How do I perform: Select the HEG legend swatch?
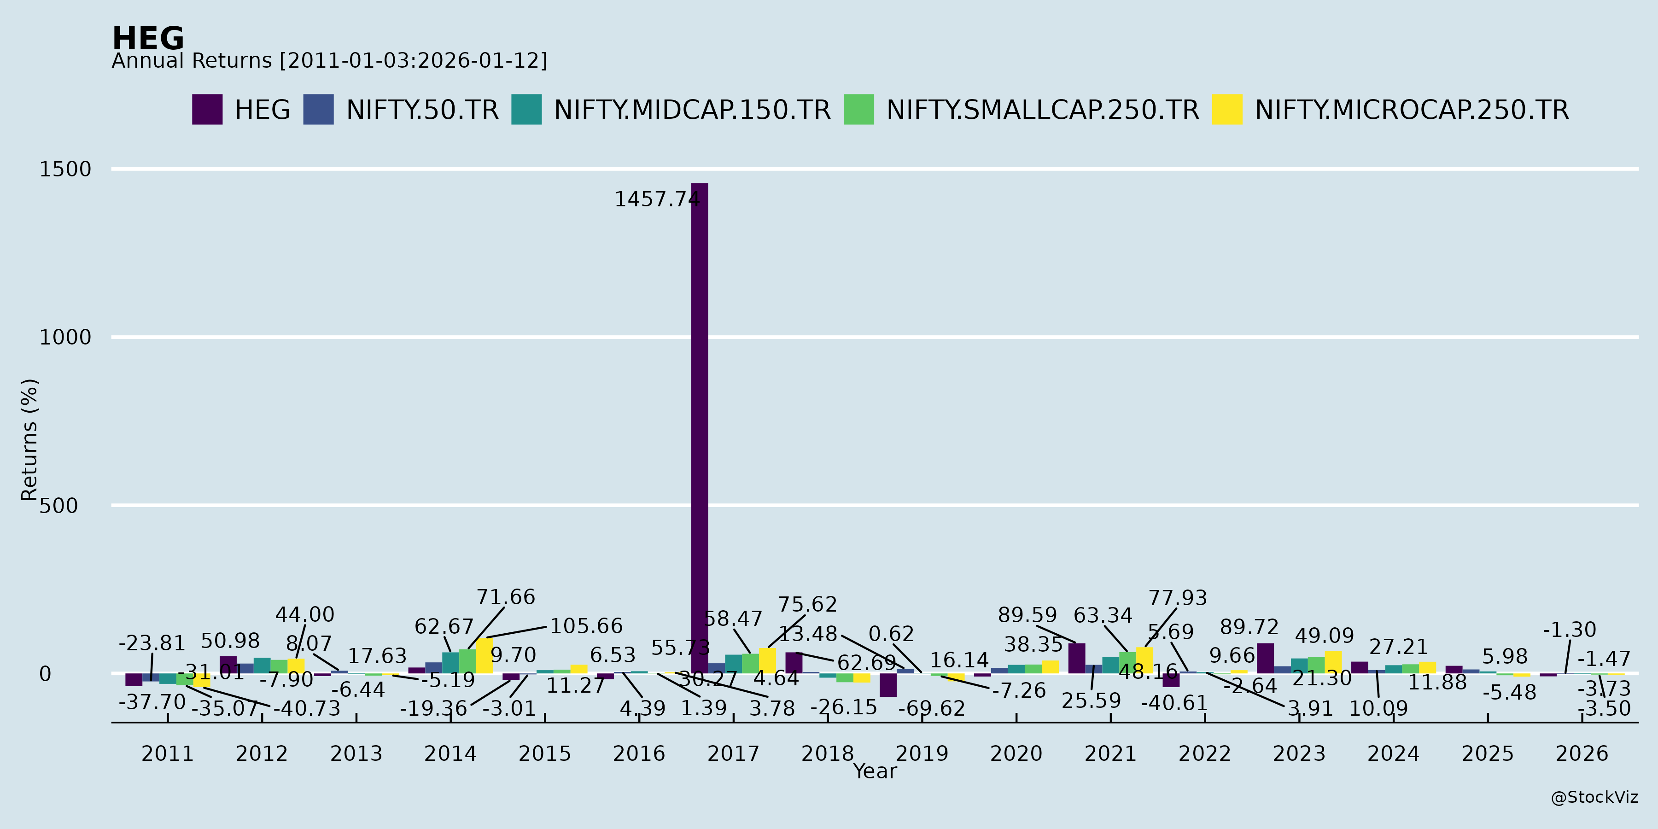coord(207,110)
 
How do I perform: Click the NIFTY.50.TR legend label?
coord(422,110)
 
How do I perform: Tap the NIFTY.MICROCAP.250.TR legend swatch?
coord(1227,110)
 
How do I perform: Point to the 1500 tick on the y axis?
coord(65,169)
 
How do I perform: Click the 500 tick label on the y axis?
coord(58,506)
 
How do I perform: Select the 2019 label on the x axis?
coord(922,753)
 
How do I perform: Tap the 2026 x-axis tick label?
coord(1582,753)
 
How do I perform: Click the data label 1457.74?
coord(656,199)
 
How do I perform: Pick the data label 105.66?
coord(586,626)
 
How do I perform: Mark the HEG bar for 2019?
coord(888,685)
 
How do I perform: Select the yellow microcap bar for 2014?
coord(485,656)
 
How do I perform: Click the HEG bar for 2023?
coord(1266,659)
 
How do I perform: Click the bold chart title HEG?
coord(148,39)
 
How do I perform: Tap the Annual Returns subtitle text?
coord(329,61)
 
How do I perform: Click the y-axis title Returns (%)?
coord(29,440)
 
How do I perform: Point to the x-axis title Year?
coord(875,771)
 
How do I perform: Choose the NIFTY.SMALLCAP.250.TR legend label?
coord(1043,110)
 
